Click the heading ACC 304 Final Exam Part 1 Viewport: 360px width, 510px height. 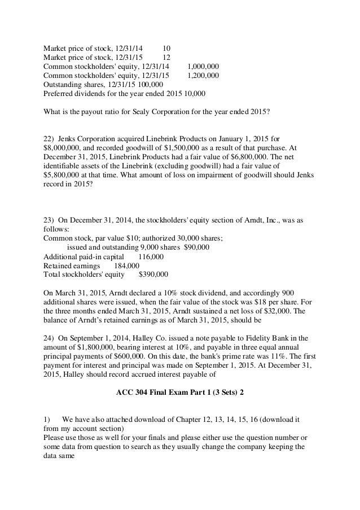(x=179, y=391)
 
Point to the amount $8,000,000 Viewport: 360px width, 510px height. (x=63, y=148)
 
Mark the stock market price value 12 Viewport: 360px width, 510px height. (x=166, y=58)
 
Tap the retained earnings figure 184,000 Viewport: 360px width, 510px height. (x=126, y=265)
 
